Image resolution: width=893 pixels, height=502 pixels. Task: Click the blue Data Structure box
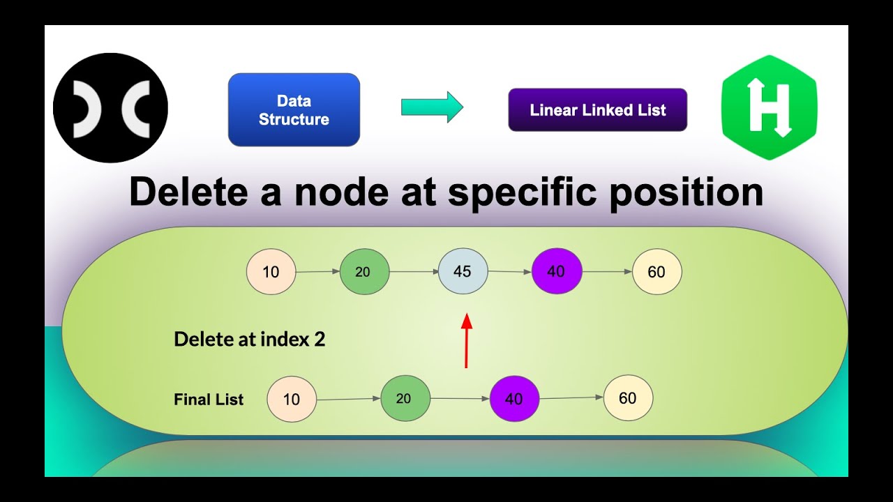point(294,110)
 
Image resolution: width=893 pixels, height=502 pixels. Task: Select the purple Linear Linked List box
point(597,110)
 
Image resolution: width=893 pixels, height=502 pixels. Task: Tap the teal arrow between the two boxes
point(432,107)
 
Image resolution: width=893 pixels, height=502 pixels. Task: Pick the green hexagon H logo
point(769,107)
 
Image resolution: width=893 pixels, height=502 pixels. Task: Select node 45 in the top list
point(463,271)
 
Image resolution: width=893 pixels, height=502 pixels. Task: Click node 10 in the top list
point(271,271)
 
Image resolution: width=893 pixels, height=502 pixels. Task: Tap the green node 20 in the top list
point(363,271)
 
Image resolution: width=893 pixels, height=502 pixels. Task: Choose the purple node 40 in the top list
point(556,271)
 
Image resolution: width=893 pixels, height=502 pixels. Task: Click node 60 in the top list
point(656,271)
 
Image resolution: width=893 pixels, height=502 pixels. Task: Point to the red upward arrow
point(467,341)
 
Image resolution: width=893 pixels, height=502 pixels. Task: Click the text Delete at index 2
point(249,340)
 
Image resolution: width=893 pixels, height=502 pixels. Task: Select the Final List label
point(209,400)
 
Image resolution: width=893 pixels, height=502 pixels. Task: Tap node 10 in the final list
point(291,400)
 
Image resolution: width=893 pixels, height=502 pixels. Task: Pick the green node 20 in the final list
point(404,399)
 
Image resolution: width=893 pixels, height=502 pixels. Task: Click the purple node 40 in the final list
point(513,400)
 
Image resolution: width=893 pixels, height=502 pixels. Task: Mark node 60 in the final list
point(628,398)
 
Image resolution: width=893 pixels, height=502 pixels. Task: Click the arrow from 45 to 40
point(509,272)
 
